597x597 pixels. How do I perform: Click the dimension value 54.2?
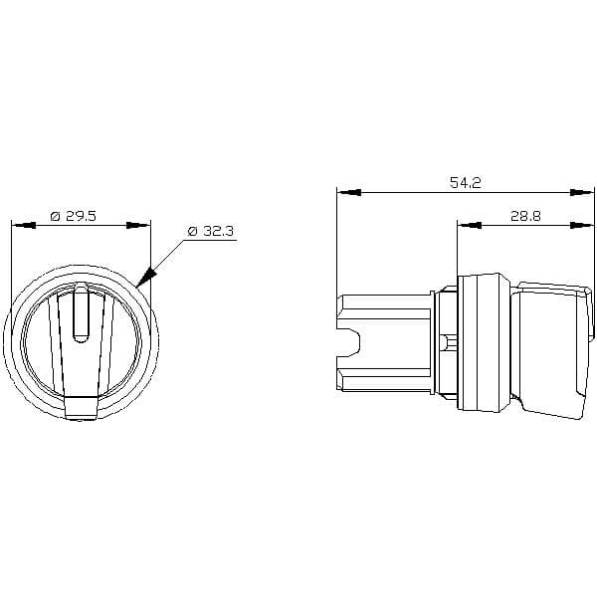point(466,182)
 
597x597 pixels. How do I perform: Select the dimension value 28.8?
point(525,216)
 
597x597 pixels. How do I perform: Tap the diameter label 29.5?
point(82,216)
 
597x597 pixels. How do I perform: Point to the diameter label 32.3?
point(217,231)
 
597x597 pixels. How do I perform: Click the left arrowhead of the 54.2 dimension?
point(349,193)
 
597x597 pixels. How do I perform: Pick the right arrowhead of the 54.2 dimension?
point(582,193)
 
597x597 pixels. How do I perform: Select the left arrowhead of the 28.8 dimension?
point(469,226)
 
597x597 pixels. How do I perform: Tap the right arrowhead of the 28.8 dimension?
point(582,226)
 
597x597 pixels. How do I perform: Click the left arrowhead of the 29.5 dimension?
point(24,226)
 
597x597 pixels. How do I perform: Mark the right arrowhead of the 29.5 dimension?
point(138,226)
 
